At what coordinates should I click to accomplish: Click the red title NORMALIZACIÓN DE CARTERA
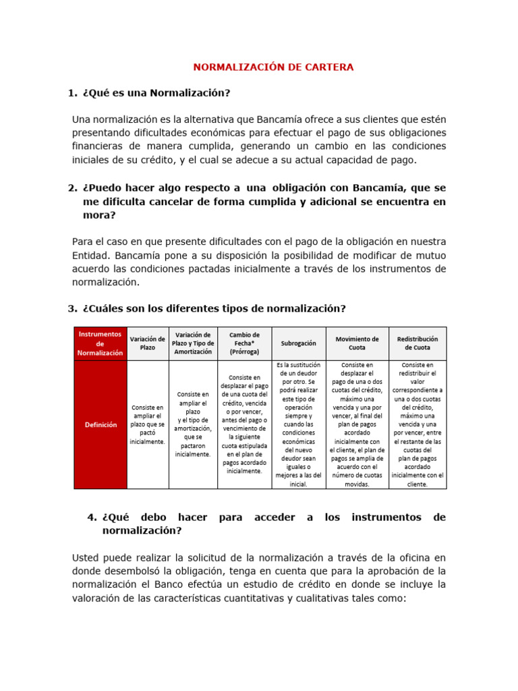point(273,67)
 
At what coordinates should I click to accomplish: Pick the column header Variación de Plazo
point(147,343)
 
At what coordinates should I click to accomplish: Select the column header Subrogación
point(298,343)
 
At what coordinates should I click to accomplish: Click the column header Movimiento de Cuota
point(357,343)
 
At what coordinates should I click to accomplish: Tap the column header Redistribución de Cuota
point(418,343)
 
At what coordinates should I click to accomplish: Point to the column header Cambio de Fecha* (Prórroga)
point(244,343)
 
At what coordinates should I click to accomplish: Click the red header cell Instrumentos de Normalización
point(100,343)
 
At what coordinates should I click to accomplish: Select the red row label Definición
point(100,424)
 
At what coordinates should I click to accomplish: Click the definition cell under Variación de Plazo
point(147,424)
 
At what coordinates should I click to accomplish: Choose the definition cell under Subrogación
point(298,424)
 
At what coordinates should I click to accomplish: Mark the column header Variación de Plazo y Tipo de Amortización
point(193,343)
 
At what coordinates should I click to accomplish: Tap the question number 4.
point(92,518)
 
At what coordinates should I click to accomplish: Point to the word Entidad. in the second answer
point(91,256)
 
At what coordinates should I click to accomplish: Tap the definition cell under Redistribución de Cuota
point(418,424)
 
